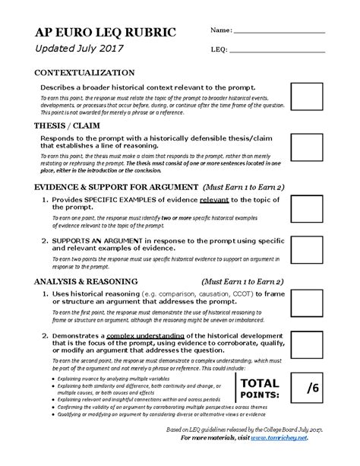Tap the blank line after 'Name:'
[x=278, y=31]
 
